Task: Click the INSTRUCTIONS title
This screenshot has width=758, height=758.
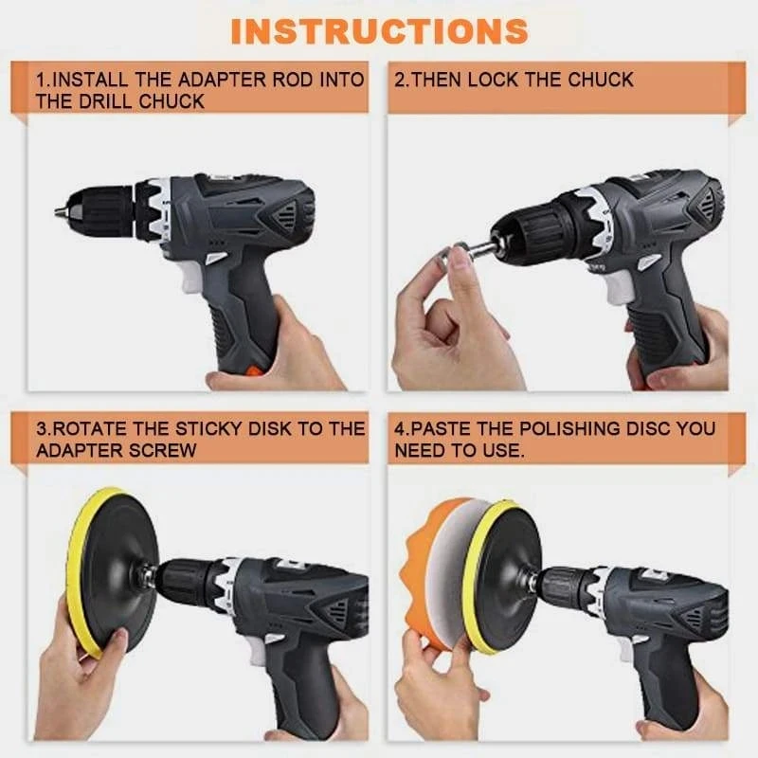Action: click(379, 30)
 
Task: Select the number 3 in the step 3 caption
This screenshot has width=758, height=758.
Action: click(43, 428)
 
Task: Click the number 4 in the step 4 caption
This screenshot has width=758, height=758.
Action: click(400, 428)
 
